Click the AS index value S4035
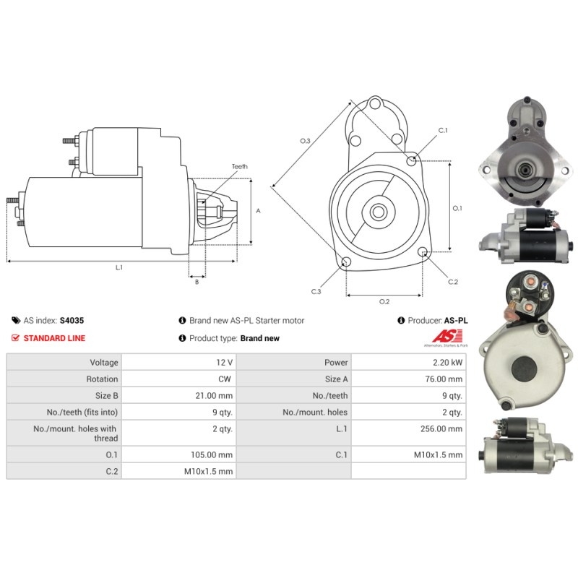[72, 320]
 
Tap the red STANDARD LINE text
[54, 338]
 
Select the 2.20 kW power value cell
[447, 363]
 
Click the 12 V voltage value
[225, 363]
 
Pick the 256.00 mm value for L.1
[441, 428]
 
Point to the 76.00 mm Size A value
[444, 379]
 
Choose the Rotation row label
[102, 379]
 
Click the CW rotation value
[225, 379]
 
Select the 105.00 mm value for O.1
[212, 454]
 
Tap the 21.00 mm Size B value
[214, 395]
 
